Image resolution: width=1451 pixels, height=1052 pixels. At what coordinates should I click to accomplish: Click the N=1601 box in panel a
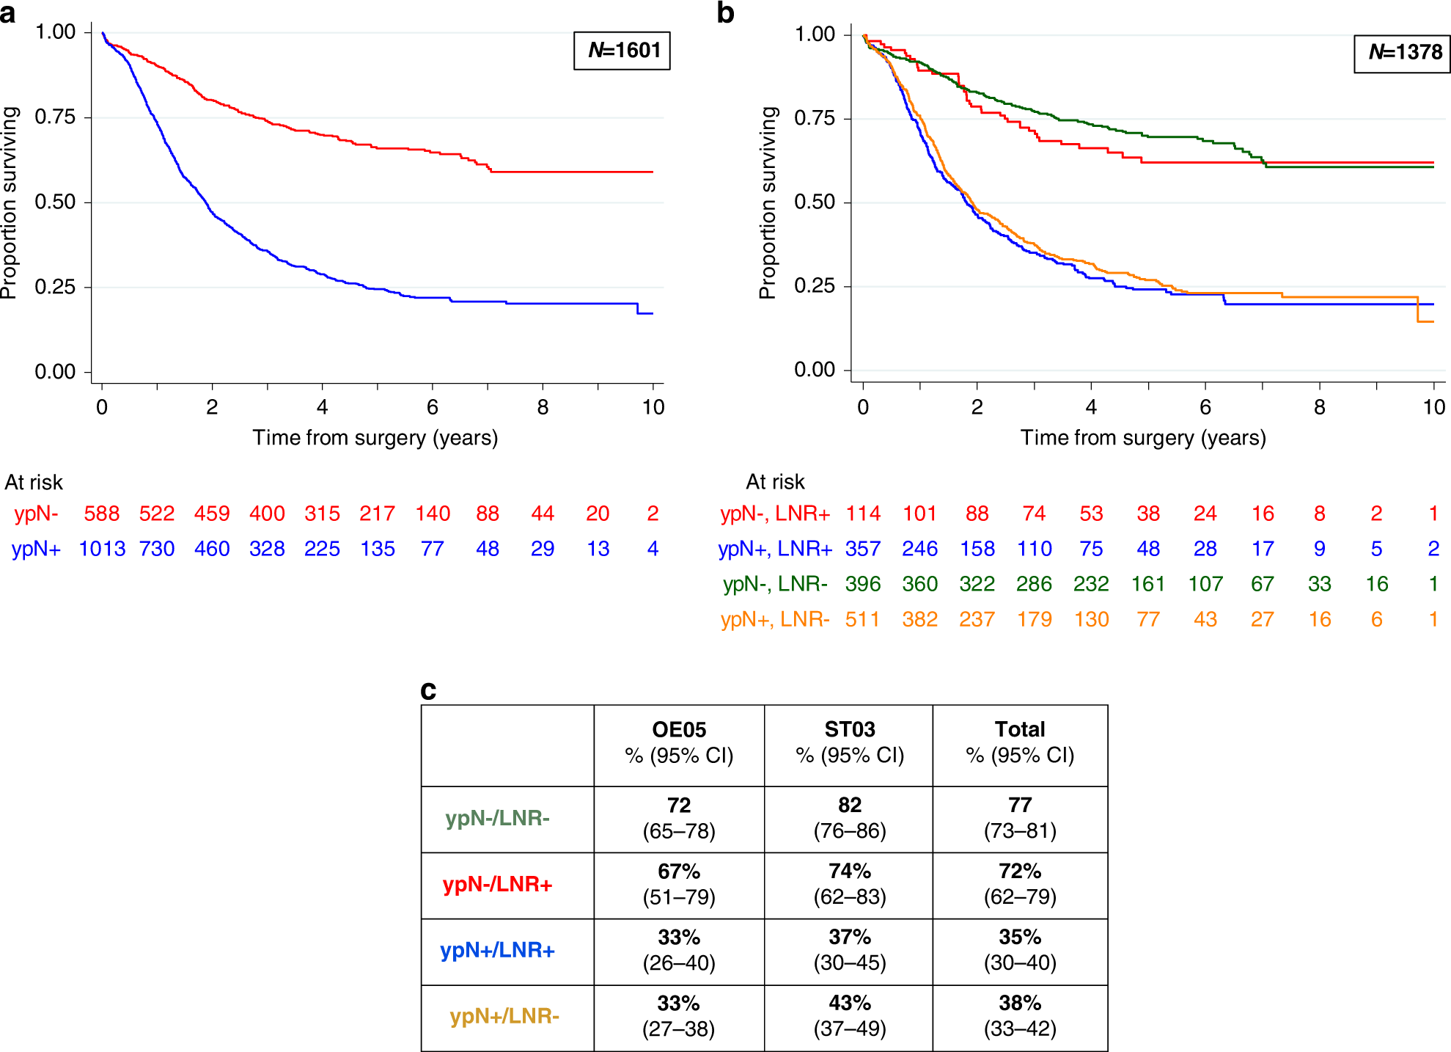(x=622, y=51)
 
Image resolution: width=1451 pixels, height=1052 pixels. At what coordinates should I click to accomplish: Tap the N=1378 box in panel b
(x=1402, y=52)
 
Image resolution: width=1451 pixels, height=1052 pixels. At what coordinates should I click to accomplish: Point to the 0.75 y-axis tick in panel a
(x=55, y=117)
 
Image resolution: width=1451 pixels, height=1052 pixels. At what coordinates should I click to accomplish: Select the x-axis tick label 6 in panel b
(x=1205, y=408)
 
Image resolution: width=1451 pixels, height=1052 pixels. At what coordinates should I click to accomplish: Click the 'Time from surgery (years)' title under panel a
(x=375, y=438)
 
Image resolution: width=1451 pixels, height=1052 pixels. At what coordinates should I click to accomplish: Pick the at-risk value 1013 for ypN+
(x=102, y=549)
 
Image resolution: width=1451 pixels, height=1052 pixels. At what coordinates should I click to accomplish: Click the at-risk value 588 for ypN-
(x=102, y=514)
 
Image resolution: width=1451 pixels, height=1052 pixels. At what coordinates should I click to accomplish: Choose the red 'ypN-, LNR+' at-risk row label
(x=775, y=514)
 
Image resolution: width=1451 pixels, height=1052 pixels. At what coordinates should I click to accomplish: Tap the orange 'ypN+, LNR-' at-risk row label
(x=775, y=620)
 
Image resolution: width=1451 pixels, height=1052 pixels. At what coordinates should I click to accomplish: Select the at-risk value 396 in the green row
(x=863, y=585)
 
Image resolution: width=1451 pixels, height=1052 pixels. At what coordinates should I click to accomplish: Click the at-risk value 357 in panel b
(x=863, y=549)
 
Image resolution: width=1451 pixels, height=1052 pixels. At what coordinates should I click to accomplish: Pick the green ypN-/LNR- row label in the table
(x=498, y=818)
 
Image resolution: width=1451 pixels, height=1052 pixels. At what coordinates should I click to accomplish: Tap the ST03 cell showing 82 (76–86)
(x=850, y=818)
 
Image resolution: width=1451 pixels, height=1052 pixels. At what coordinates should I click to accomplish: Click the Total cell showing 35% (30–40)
(x=1020, y=950)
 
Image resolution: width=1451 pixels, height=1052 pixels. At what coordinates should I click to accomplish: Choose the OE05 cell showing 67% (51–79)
(x=679, y=884)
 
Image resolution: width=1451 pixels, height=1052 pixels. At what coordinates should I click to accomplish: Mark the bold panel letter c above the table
(x=428, y=690)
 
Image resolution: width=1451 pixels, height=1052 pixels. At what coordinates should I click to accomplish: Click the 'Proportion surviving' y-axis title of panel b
(x=768, y=203)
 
